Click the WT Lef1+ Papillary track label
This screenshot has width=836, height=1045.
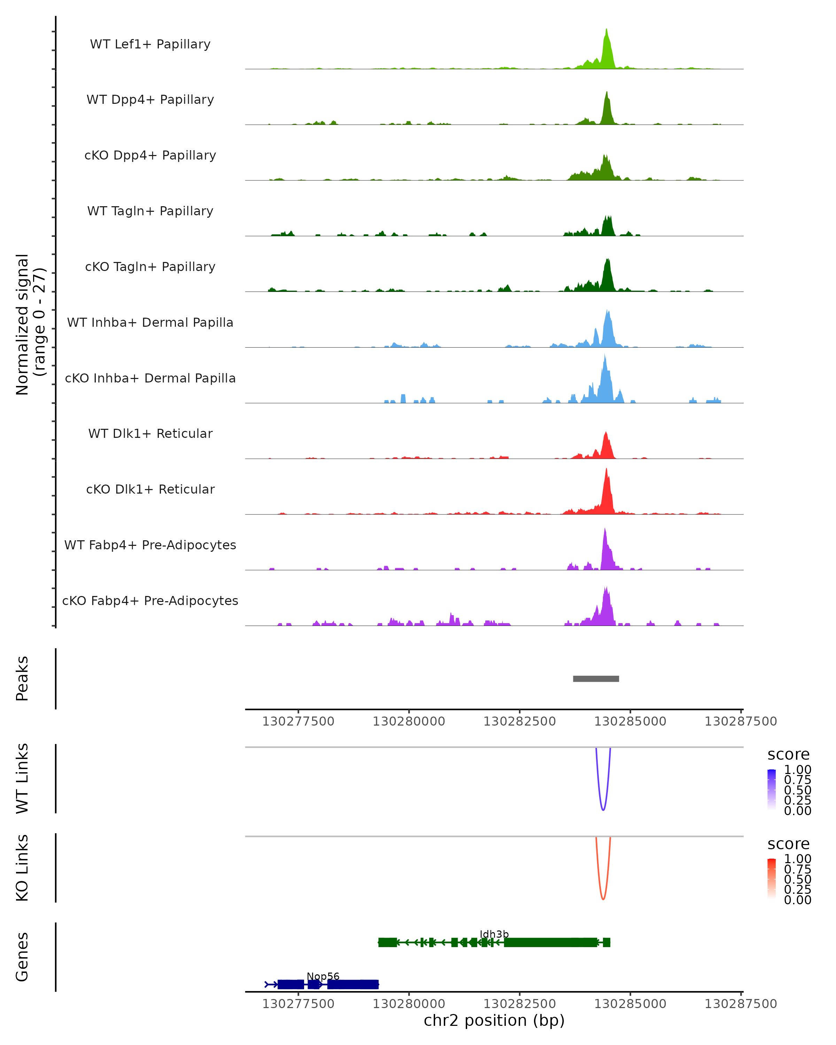[150, 44]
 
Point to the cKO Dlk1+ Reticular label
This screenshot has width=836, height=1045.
[150, 489]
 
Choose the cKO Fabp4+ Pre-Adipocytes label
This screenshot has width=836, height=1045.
[150, 601]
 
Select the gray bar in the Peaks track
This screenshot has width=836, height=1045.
[596, 679]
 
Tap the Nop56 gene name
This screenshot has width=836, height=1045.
[323, 976]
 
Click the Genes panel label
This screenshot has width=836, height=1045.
[22, 957]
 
